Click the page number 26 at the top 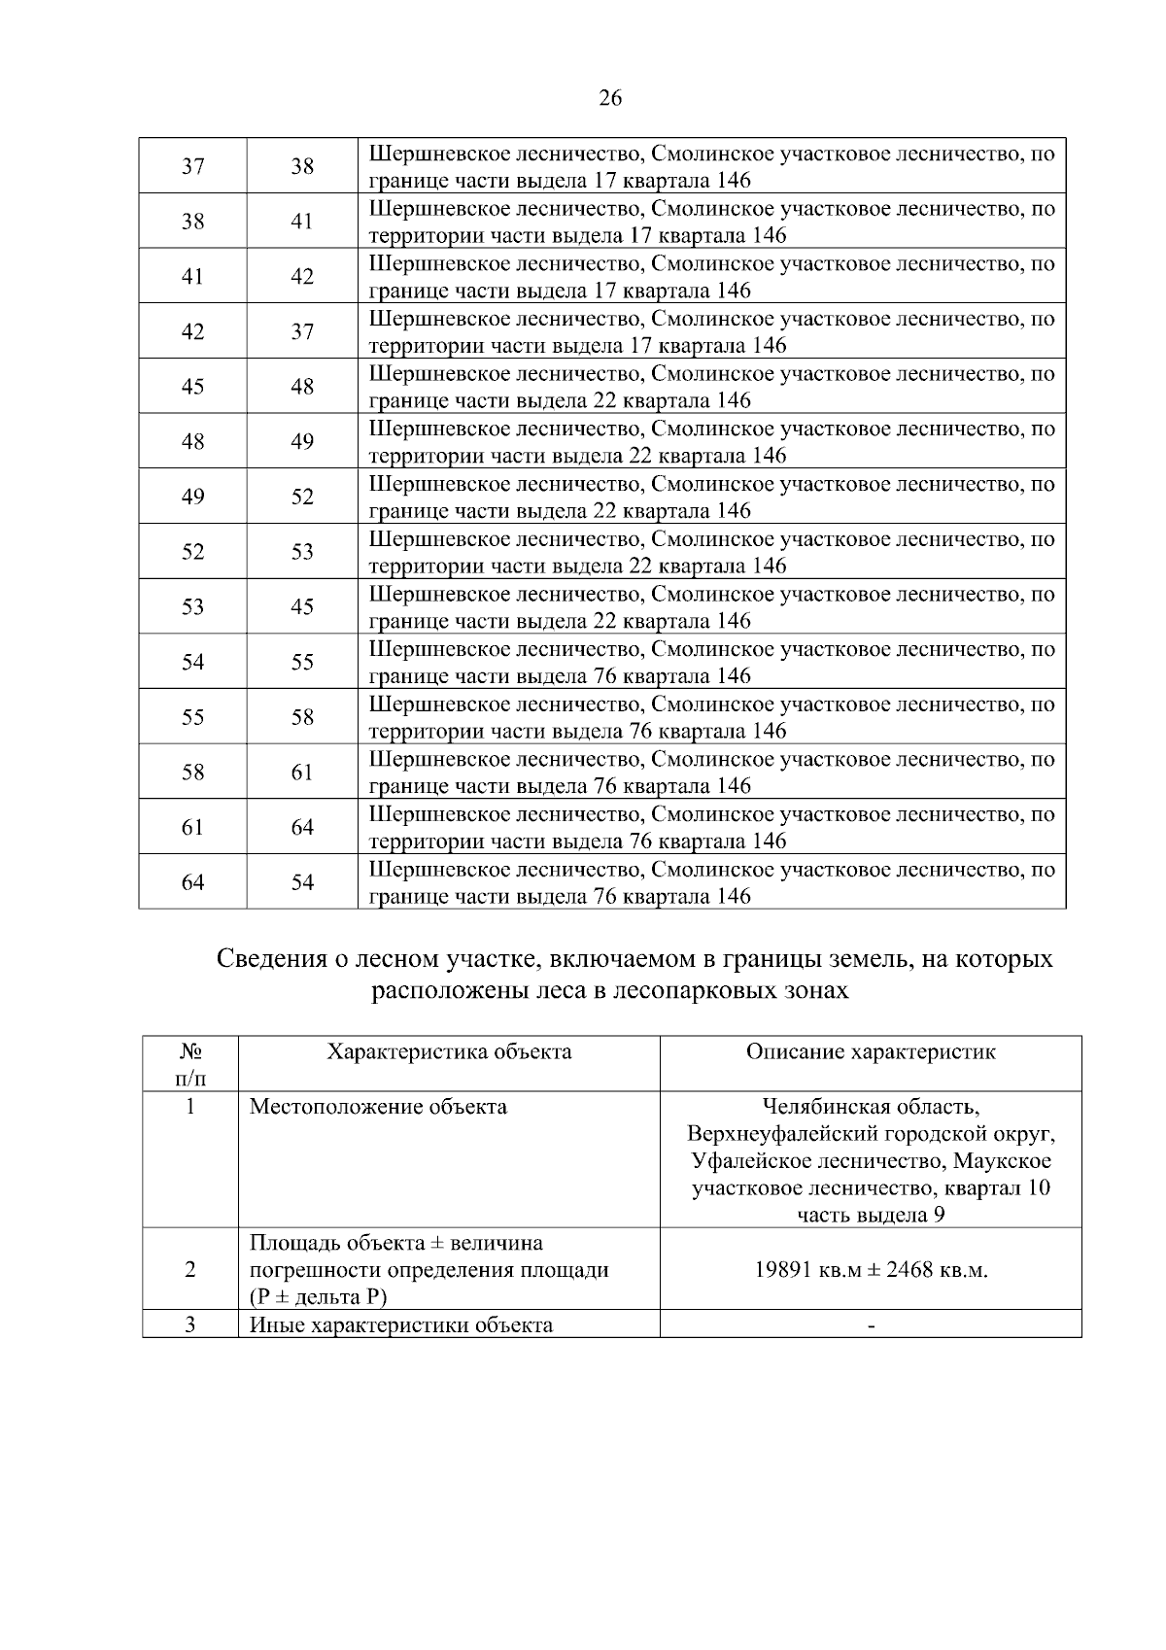[x=610, y=98]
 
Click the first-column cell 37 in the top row [x=193, y=166]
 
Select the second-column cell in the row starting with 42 [x=302, y=331]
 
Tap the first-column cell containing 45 [x=193, y=387]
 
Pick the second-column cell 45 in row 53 [x=302, y=606]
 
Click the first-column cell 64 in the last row [x=193, y=882]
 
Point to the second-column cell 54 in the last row [x=302, y=882]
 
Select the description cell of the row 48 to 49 [x=711, y=442]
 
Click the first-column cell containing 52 [x=193, y=552]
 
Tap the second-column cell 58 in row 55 [x=302, y=717]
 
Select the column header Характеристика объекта [x=449, y=1051]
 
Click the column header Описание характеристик [x=871, y=1051]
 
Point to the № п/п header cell [x=190, y=1064]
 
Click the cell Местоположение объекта [x=378, y=1107]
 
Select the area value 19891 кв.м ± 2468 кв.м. [x=871, y=1270]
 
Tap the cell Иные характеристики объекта [x=401, y=1325]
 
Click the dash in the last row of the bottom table [x=871, y=1326]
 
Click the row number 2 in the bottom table [x=190, y=1270]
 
